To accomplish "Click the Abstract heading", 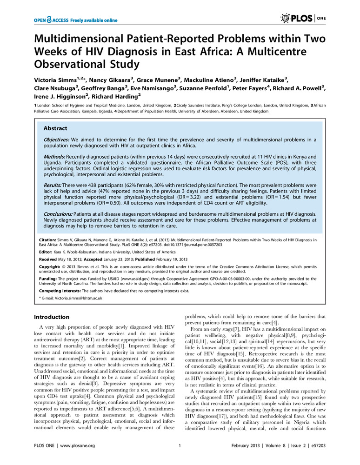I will (x=55, y=128).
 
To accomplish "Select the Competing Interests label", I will (x=58, y=291).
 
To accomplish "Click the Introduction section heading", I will (x=52, y=317).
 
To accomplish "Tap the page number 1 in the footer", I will (x=180, y=445).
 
